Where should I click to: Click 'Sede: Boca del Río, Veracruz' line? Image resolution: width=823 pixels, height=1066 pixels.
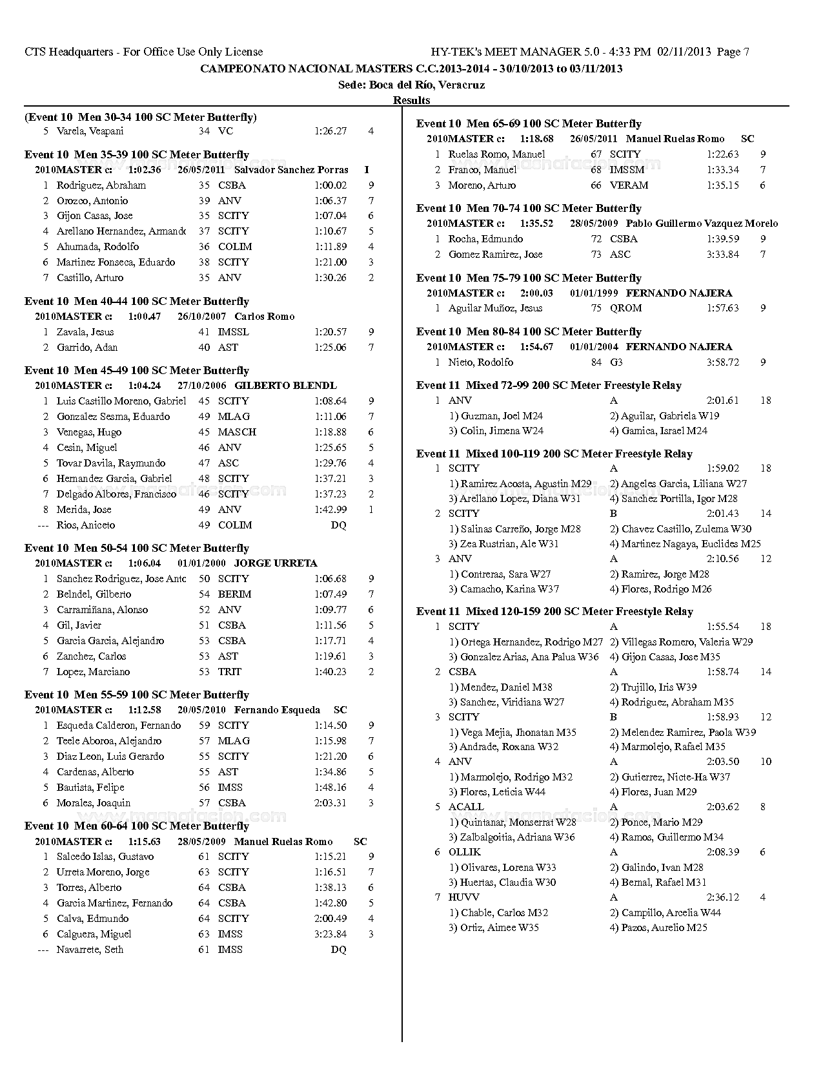411,85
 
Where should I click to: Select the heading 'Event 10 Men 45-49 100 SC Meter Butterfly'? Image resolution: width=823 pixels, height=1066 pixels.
137,371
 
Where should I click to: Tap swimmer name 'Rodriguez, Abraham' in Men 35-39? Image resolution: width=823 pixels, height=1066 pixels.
101,185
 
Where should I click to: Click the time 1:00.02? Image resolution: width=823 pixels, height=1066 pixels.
330,185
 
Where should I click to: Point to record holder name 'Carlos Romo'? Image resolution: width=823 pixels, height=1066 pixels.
264,317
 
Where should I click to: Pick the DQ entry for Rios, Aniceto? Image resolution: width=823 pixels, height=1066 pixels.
338,525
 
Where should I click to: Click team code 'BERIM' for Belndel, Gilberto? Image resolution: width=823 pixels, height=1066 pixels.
234,594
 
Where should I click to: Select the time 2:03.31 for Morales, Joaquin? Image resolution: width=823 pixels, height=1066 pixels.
330,803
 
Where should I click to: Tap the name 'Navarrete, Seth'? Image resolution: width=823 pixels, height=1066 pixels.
90,950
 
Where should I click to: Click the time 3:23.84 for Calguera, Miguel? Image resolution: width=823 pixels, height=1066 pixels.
330,934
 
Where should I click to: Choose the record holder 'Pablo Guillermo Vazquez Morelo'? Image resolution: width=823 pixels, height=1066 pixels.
702,224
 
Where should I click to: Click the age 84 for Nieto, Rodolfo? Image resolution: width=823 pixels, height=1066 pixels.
596,362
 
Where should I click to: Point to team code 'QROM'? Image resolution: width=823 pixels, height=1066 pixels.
625,308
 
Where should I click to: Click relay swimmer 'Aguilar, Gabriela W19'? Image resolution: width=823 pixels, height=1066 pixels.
664,416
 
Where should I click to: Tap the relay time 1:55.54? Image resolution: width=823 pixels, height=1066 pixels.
722,627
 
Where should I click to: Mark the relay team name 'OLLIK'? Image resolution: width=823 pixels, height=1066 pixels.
464,852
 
